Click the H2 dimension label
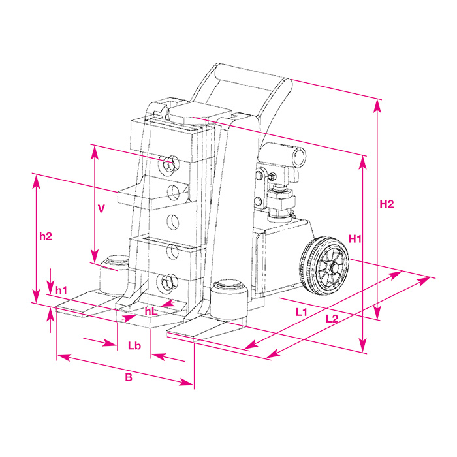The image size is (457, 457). [x=386, y=204]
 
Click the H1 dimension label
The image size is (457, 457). [x=355, y=239]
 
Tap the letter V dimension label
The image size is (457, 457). [x=101, y=209]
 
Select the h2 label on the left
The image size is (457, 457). [x=46, y=236]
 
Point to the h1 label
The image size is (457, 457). [x=61, y=290]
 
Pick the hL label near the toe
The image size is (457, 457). [x=151, y=311]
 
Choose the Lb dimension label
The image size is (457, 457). [x=134, y=345]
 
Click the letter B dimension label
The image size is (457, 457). [x=129, y=377]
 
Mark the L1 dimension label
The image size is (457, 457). [x=302, y=312]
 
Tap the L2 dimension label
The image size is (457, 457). [x=332, y=319]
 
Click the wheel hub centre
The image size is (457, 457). [x=334, y=267]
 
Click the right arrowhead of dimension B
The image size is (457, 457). [x=187, y=382]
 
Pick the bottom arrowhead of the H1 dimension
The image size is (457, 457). [x=362, y=345]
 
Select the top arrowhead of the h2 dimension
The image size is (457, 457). [x=36, y=182]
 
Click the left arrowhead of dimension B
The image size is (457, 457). [x=63, y=356]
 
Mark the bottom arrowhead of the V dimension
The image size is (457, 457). [x=95, y=256]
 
